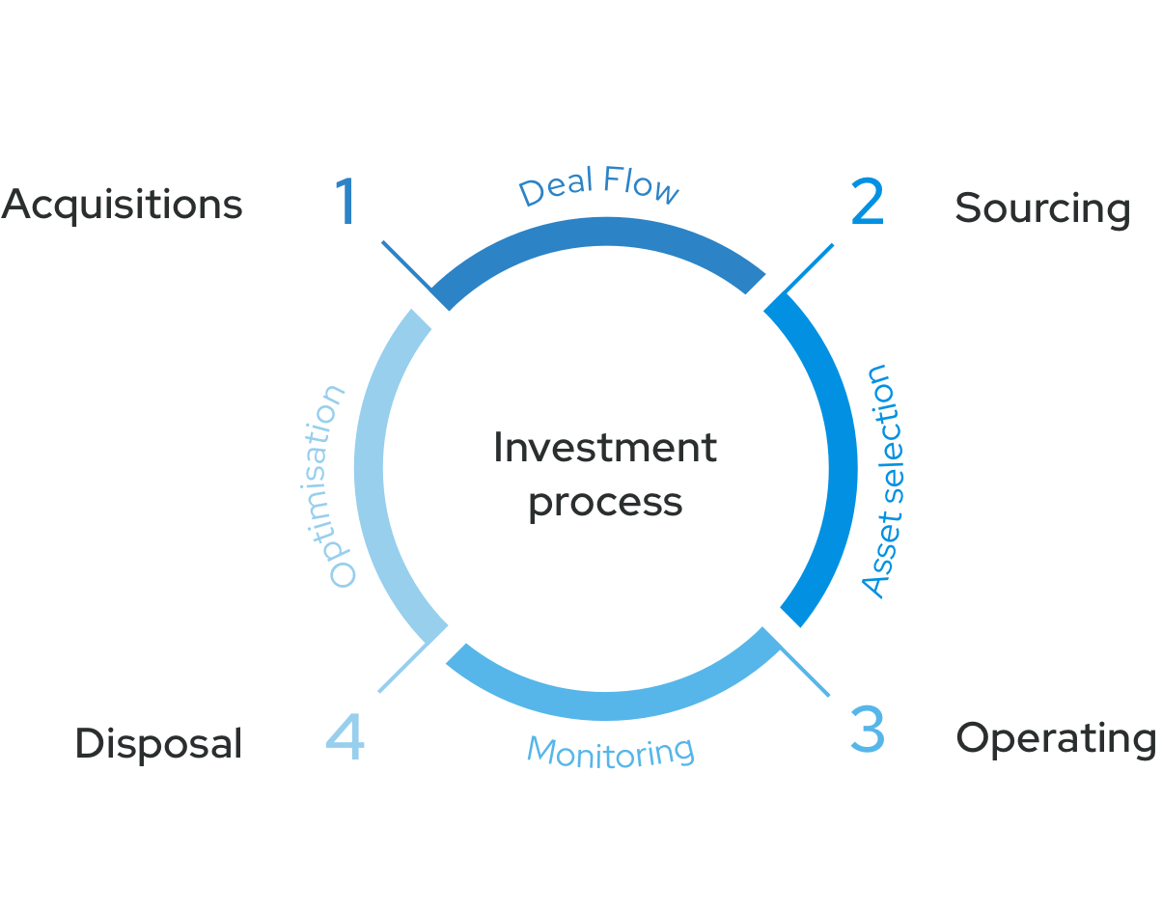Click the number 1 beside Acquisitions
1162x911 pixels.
click(346, 202)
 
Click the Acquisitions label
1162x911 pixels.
click(122, 205)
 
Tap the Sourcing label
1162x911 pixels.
click(1042, 208)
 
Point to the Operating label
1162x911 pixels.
click(1055, 738)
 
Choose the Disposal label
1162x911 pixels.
click(158, 743)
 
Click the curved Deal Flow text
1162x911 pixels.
click(599, 185)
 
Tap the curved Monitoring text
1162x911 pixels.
click(610, 750)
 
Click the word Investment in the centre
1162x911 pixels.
click(605, 448)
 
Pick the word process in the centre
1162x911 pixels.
click(605, 503)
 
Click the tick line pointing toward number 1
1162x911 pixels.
click(410, 268)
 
